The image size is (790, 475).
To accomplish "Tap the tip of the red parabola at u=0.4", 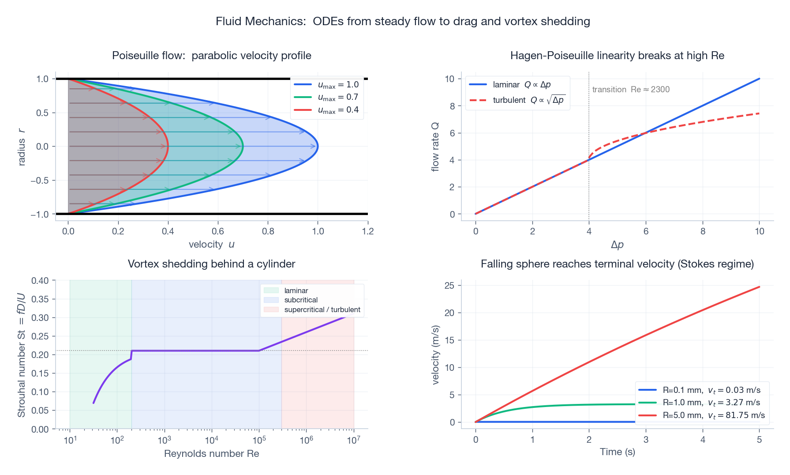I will (168, 146).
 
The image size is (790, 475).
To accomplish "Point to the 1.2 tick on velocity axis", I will (367, 231).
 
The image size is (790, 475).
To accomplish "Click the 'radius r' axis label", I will (21, 147).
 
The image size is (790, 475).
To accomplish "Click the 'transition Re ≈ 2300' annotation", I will (630, 90).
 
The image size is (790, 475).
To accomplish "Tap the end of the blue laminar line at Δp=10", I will (759, 79).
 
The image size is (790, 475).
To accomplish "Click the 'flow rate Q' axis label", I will (435, 147).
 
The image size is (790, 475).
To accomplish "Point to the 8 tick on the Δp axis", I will (703, 231).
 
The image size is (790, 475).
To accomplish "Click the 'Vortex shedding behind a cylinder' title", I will (211, 264).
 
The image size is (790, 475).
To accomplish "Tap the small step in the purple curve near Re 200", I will (131, 354).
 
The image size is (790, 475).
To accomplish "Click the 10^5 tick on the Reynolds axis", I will (259, 440).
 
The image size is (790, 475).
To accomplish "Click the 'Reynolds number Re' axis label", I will (211, 454).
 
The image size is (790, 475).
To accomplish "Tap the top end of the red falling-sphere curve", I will (759, 287).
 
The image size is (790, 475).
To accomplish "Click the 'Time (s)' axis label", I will (617, 452).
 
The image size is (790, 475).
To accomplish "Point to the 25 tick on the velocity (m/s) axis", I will (449, 286).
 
